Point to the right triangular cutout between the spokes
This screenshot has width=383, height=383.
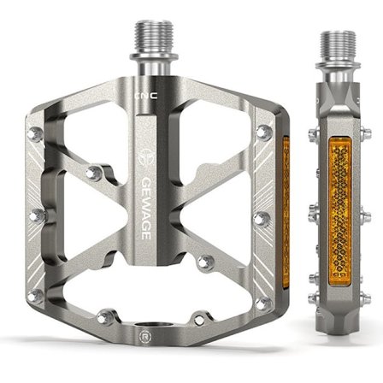click(227, 214)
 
